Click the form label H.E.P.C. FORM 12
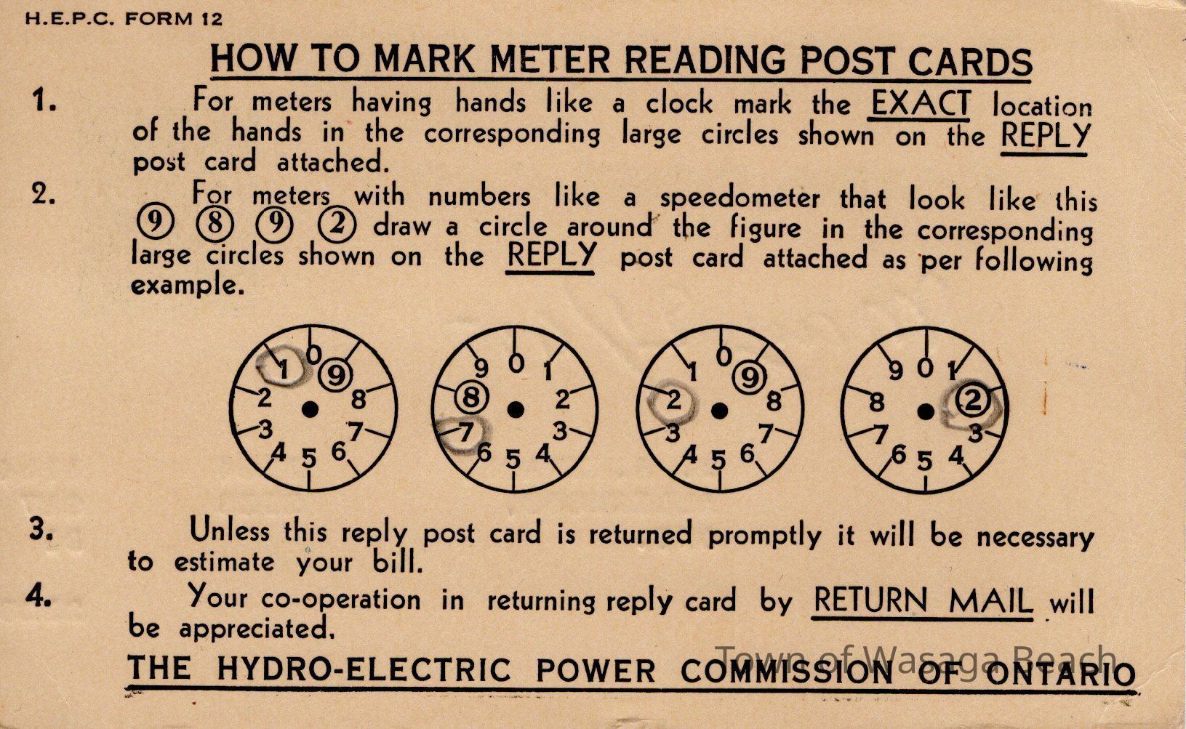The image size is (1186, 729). (x=124, y=19)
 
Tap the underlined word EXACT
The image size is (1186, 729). (x=921, y=103)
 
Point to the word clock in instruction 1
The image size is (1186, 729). (x=679, y=102)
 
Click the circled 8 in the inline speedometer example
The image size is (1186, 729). (x=215, y=225)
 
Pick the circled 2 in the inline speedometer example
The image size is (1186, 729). (x=337, y=225)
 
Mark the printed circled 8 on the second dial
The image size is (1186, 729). (x=471, y=398)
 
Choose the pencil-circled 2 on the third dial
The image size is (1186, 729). (x=672, y=401)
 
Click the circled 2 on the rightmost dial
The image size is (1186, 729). (x=972, y=400)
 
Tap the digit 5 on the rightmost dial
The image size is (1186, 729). (x=924, y=462)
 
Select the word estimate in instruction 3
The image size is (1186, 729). (x=225, y=563)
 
